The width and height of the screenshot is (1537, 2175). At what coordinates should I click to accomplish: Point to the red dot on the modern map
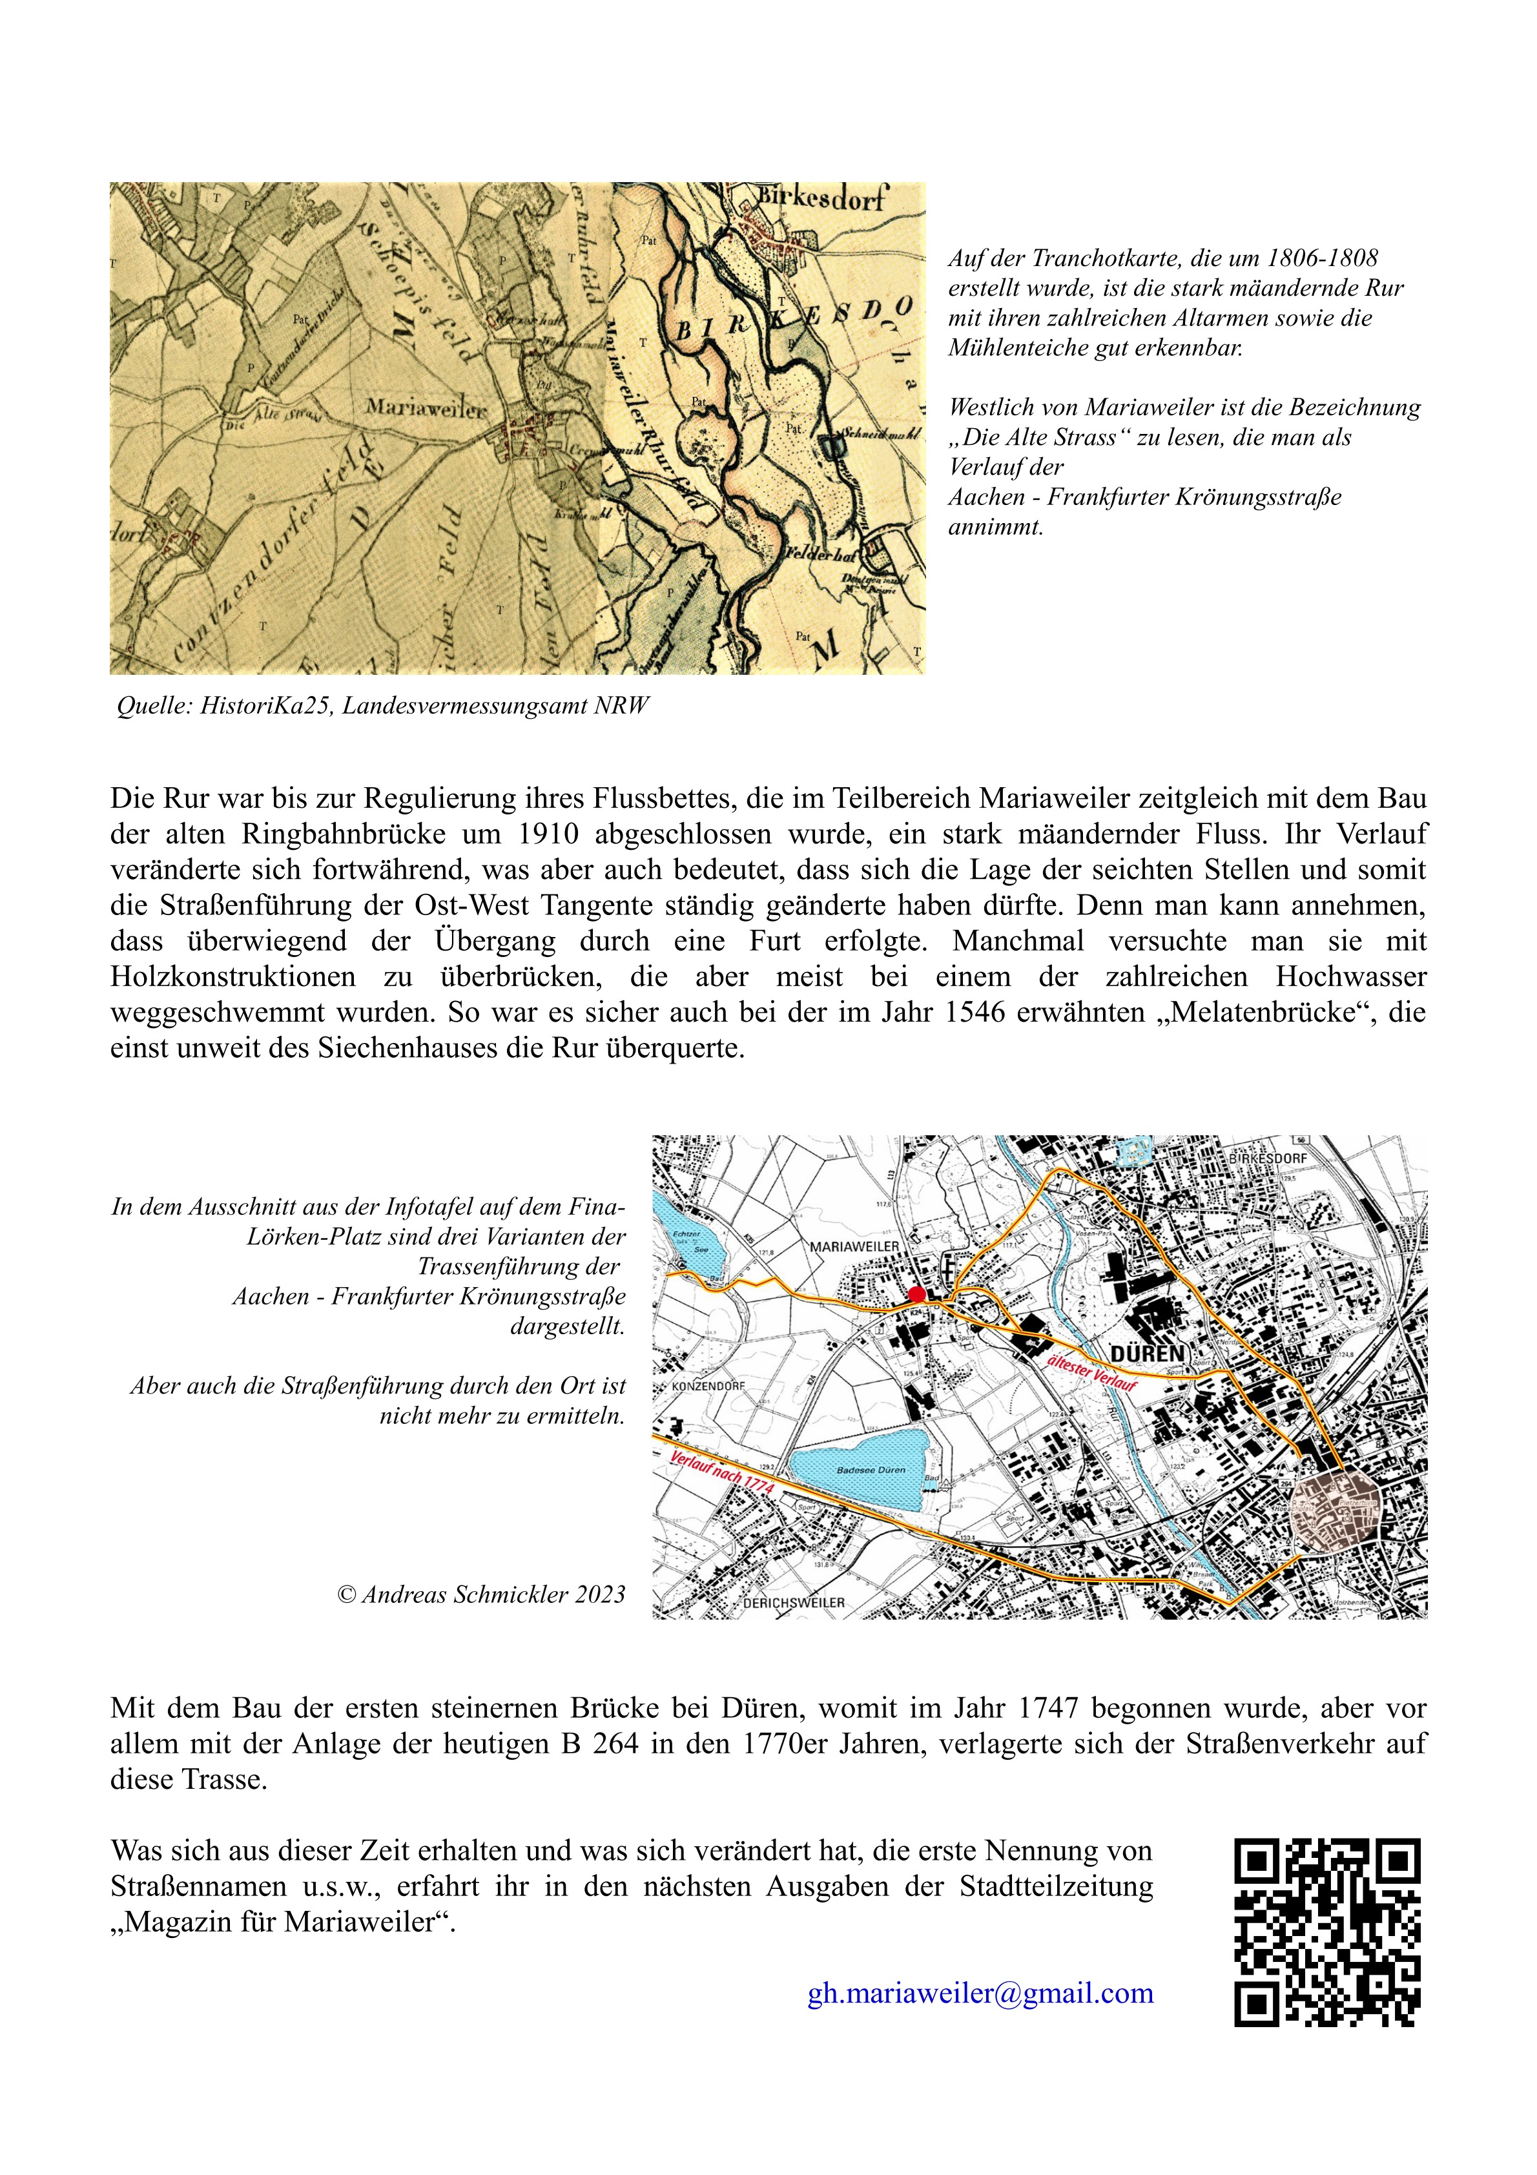(916, 1294)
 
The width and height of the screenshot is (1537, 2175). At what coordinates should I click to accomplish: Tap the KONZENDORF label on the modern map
(709, 1386)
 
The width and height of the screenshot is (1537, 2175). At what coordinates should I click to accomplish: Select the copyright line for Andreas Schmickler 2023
(480, 1594)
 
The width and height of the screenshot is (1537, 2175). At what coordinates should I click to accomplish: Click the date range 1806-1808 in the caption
(1322, 258)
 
